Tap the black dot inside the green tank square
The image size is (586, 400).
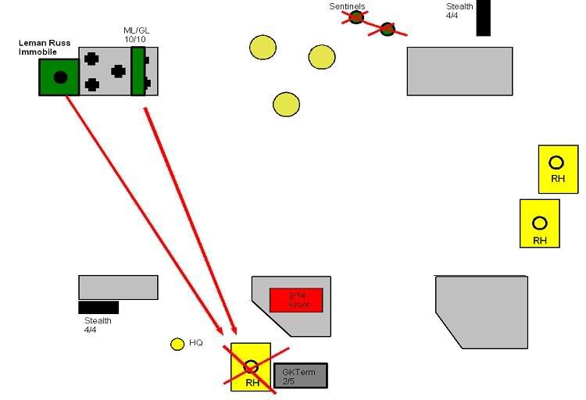[x=60, y=77]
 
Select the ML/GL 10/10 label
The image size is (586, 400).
[x=136, y=34]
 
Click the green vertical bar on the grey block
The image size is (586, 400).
[x=138, y=71]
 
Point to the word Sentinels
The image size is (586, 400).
[x=347, y=6]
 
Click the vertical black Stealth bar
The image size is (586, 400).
[x=484, y=18]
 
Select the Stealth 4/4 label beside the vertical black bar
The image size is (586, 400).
[x=459, y=11]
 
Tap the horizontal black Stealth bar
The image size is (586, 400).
[x=98, y=307]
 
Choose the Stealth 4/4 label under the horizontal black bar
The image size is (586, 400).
[x=98, y=325]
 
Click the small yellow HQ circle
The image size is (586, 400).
[x=177, y=344]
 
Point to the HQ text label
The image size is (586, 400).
[x=196, y=343]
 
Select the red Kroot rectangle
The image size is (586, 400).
[x=296, y=300]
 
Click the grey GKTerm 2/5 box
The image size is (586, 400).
[x=300, y=376]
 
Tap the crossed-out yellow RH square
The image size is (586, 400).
[x=251, y=366]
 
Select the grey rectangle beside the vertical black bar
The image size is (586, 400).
[x=459, y=71]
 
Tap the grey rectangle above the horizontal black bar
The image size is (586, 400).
[x=118, y=287]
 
